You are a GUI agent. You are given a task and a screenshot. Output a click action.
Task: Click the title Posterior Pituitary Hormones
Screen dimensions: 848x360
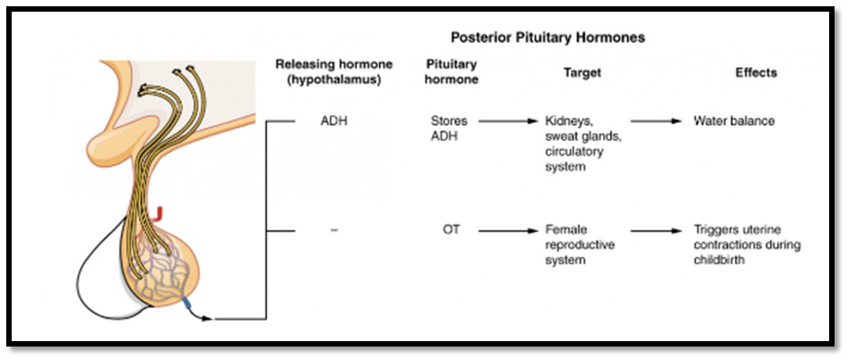(548, 38)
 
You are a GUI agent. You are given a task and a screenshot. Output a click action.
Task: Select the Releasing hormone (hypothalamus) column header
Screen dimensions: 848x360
(334, 72)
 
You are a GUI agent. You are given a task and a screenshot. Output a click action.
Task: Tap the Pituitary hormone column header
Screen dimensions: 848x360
(451, 72)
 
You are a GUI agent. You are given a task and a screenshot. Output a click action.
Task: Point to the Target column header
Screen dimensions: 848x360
(581, 72)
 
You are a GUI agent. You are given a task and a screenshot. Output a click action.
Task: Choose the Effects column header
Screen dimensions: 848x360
(756, 72)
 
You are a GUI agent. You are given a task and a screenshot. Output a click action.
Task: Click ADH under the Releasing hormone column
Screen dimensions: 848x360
(334, 121)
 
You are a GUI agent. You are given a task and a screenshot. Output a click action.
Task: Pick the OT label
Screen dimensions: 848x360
(451, 230)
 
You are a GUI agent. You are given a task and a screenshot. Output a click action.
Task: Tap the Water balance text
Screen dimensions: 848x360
(734, 121)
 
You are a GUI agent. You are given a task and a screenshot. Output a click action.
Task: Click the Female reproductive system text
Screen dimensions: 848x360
(580, 245)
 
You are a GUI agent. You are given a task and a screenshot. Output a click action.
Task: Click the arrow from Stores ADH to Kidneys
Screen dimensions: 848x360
(509, 121)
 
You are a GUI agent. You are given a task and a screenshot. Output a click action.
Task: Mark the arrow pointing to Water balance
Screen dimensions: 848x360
(656, 121)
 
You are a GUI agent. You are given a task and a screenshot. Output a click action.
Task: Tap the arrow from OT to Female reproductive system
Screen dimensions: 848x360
(509, 231)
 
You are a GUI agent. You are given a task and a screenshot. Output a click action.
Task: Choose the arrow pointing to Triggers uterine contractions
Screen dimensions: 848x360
(656, 231)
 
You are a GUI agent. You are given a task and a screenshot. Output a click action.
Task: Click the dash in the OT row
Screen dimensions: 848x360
(334, 231)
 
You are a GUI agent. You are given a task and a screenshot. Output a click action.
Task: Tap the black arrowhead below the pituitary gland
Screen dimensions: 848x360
(205, 319)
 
